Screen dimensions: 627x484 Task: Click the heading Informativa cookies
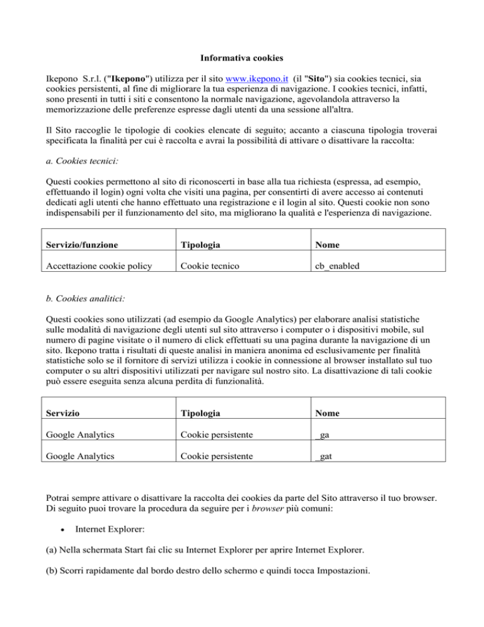coord(241,57)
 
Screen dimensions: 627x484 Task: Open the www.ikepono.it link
coord(259,81)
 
